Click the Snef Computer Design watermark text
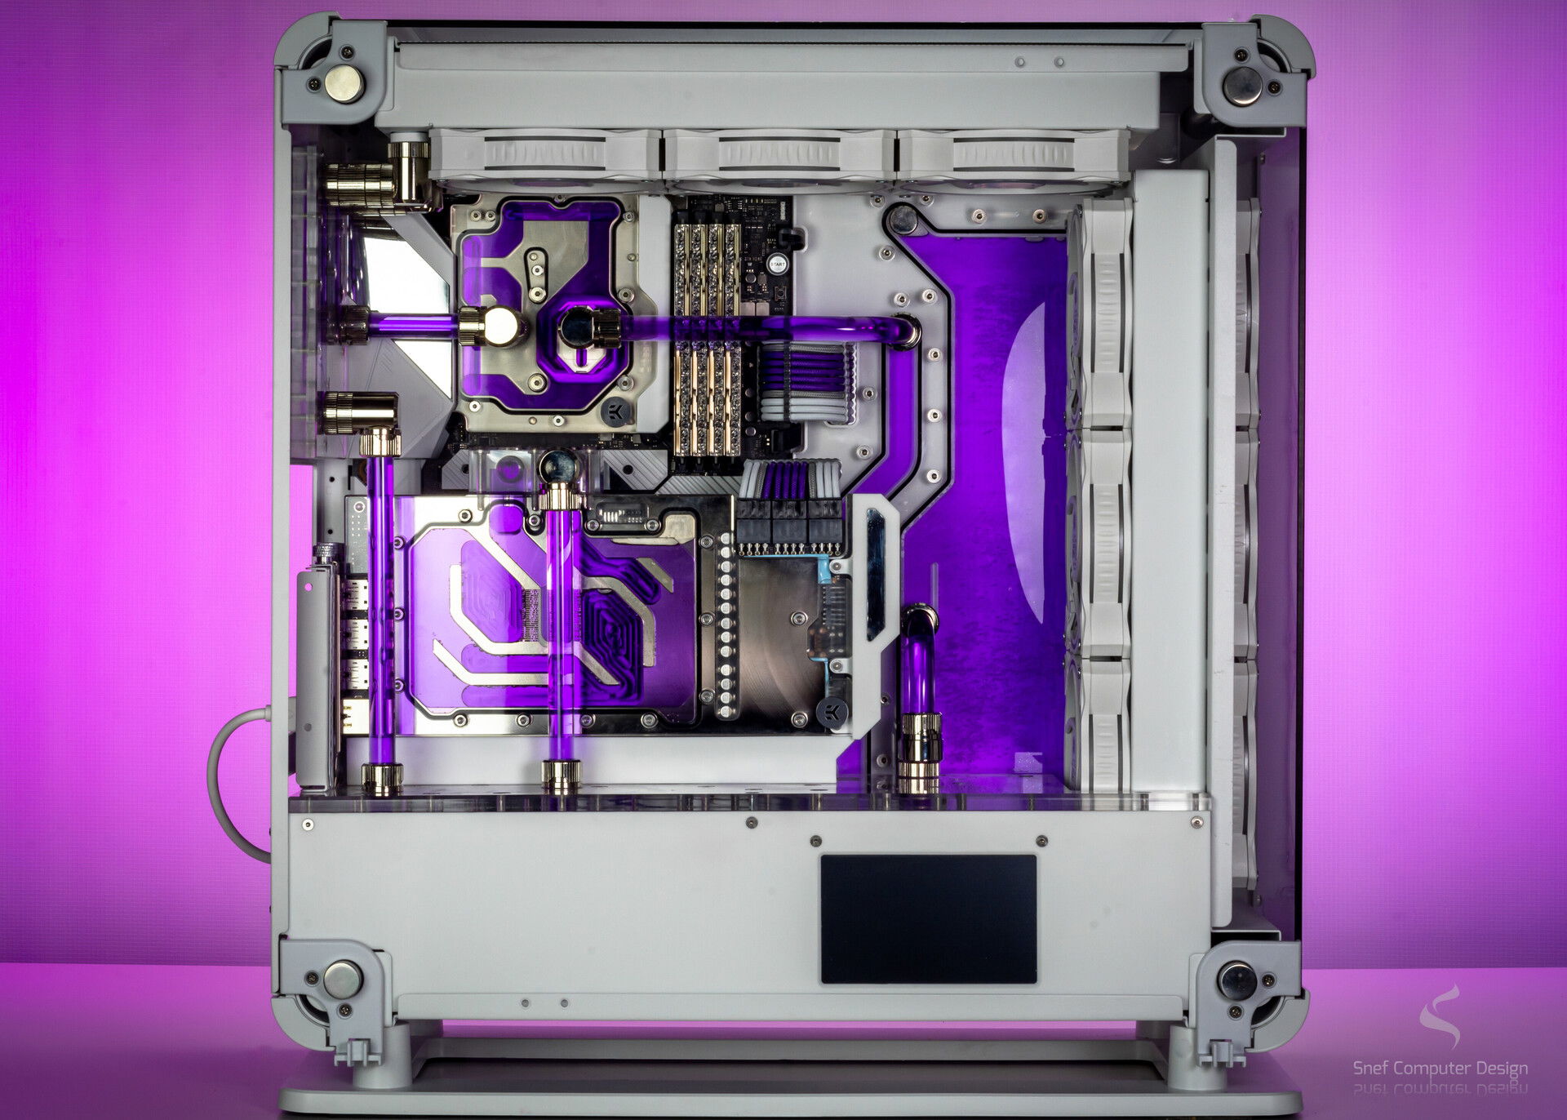pyautogui.click(x=1440, y=1068)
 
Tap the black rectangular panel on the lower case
pyautogui.click(x=928, y=918)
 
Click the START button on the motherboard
pyautogui.click(x=777, y=264)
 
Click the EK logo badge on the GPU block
pyautogui.click(x=831, y=709)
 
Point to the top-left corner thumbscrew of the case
pyautogui.click(x=343, y=83)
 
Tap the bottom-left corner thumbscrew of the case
pyautogui.click(x=341, y=979)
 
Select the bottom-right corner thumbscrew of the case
pyautogui.click(x=1237, y=980)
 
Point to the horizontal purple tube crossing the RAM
pyautogui.click(x=767, y=328)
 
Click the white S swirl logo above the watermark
pyautogui.click(x=1442, y=1016)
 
